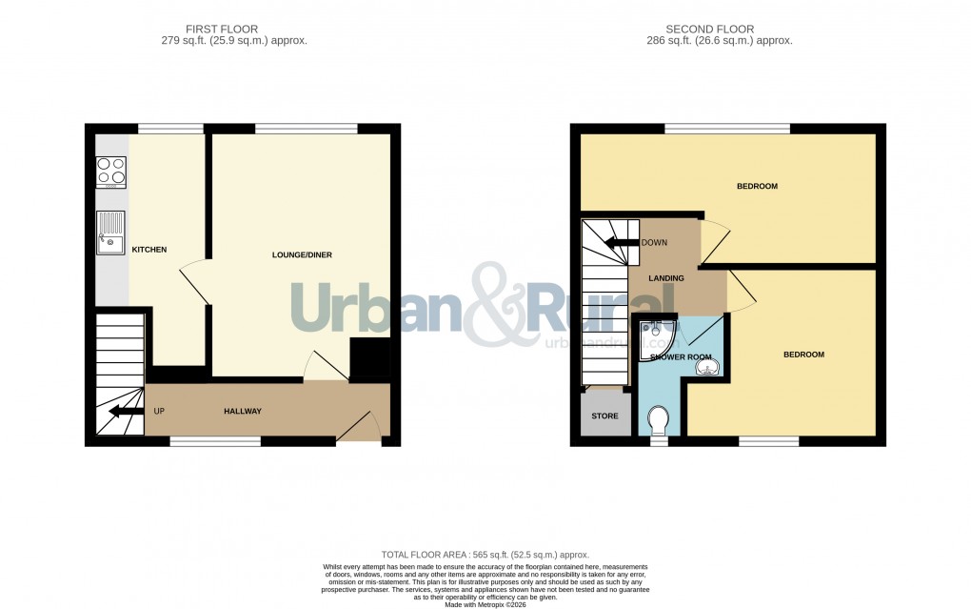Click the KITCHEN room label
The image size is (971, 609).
pyautogui.click(x=149, y=250)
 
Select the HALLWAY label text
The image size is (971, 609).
pyautogui.click(x=242, y=411)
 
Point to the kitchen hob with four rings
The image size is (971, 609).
pyautogui.click(x=111, y=172)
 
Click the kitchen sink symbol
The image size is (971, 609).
pyautogui.click(x=109, y=233)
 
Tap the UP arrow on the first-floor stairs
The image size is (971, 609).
pyautogui.click(x=119, y=412)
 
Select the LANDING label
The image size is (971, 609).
pyautogui.click(x=666, y=278)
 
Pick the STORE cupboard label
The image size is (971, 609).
pyautogui.click(x=604, y=416)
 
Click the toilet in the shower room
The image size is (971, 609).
pyautogui.click(x=658, y=419)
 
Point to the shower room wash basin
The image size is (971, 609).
pyautogui.click(x=706, y=367)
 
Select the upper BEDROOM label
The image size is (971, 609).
pyautogui.click(x=757, y=186)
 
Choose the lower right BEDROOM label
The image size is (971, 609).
pyautogui.click(x=803, y=355)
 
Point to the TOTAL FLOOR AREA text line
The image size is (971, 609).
pyautogui.click(x=485, y=555)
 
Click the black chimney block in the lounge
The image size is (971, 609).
pyautogui.click(x=369, y=359)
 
